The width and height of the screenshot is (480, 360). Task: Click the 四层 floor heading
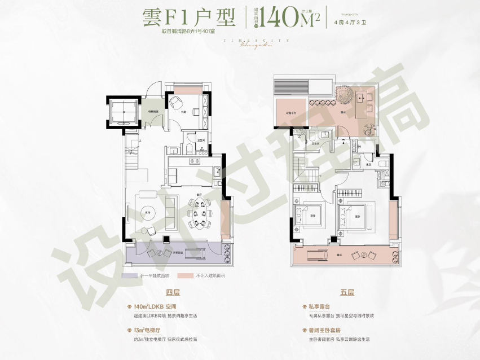(173, 292)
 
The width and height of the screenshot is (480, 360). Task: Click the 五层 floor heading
(347, 292)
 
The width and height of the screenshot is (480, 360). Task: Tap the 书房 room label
(184, 112)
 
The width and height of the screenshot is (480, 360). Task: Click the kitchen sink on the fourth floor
(217, 170)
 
